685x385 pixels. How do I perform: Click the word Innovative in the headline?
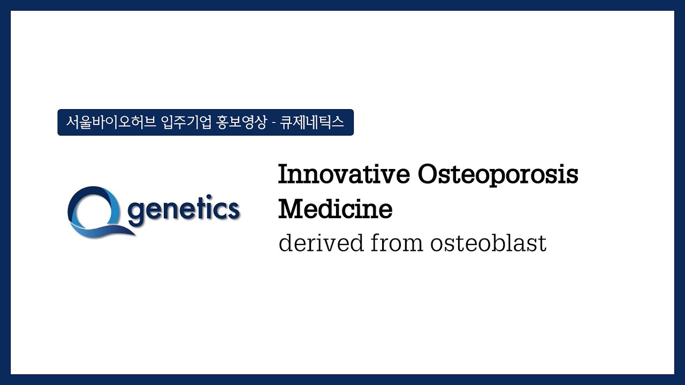point(344,175)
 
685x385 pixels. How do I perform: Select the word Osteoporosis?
point(498,175)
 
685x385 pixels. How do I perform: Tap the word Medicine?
point(335,209)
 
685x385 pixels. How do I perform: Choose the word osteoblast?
point(488,243)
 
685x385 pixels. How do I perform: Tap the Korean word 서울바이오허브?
point(111,122)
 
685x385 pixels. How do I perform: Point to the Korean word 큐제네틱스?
point(312,122)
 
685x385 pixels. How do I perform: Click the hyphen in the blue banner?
point(273,123)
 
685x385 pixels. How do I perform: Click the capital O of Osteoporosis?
point(428,175)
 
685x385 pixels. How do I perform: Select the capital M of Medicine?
point(290,209)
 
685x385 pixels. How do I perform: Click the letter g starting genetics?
point(138,213)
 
